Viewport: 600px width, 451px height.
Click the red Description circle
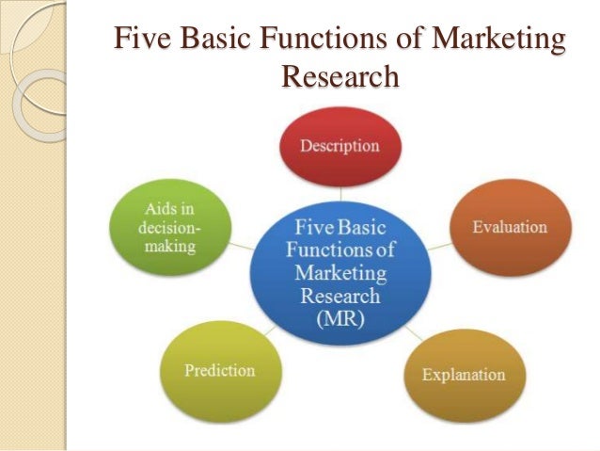(339, 147)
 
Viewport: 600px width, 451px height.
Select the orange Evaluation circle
(509, 227)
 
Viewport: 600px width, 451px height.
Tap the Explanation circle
(463, 374)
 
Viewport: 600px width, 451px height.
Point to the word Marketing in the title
(498, 41)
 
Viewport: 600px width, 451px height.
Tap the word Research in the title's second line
(339, 76)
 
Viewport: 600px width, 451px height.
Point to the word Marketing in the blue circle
(339, 273)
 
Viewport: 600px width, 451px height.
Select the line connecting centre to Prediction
(270, 329)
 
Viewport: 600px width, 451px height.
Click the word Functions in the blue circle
(339, 251)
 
